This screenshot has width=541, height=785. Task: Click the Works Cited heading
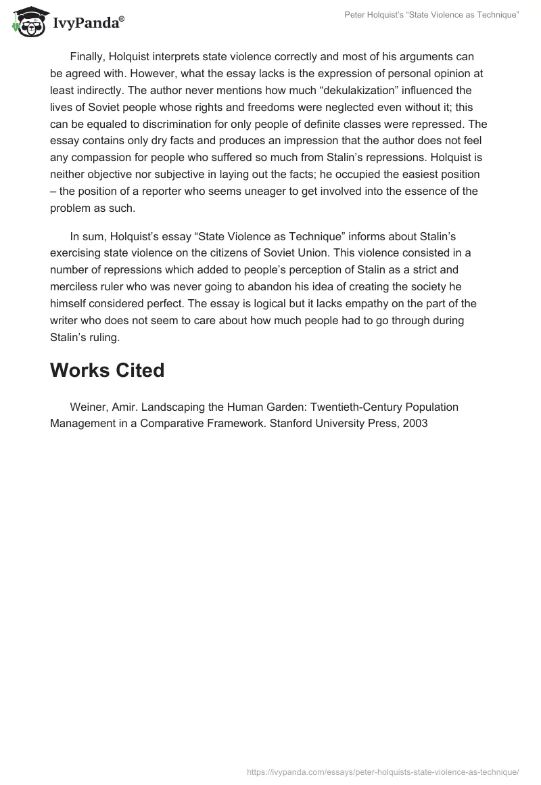point(107,371)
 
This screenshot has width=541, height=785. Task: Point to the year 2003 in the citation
point(415,424)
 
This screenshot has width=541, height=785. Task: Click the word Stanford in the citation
point(264,424)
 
